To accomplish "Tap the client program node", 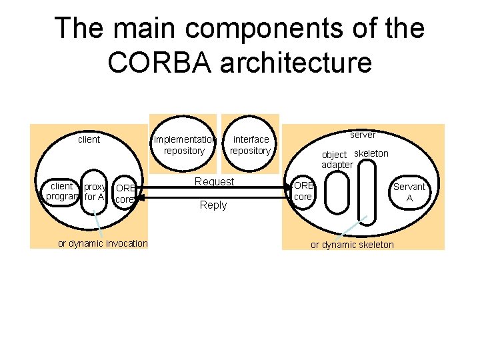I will tap(61, 191).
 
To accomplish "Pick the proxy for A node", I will tap(95, 191).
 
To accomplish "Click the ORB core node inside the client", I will tap(125, 193).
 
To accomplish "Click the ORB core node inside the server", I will tap(303, 191).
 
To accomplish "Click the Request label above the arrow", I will tap(214, 181).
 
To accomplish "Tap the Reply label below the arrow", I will tap(213, 205).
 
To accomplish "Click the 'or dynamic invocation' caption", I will tap(103, 243).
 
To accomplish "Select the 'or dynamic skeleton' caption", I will tap(352, 245).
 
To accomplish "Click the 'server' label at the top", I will tap(363, 135).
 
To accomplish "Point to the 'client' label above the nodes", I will tap(89, 139).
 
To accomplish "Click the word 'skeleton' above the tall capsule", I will tap(371, 153).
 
